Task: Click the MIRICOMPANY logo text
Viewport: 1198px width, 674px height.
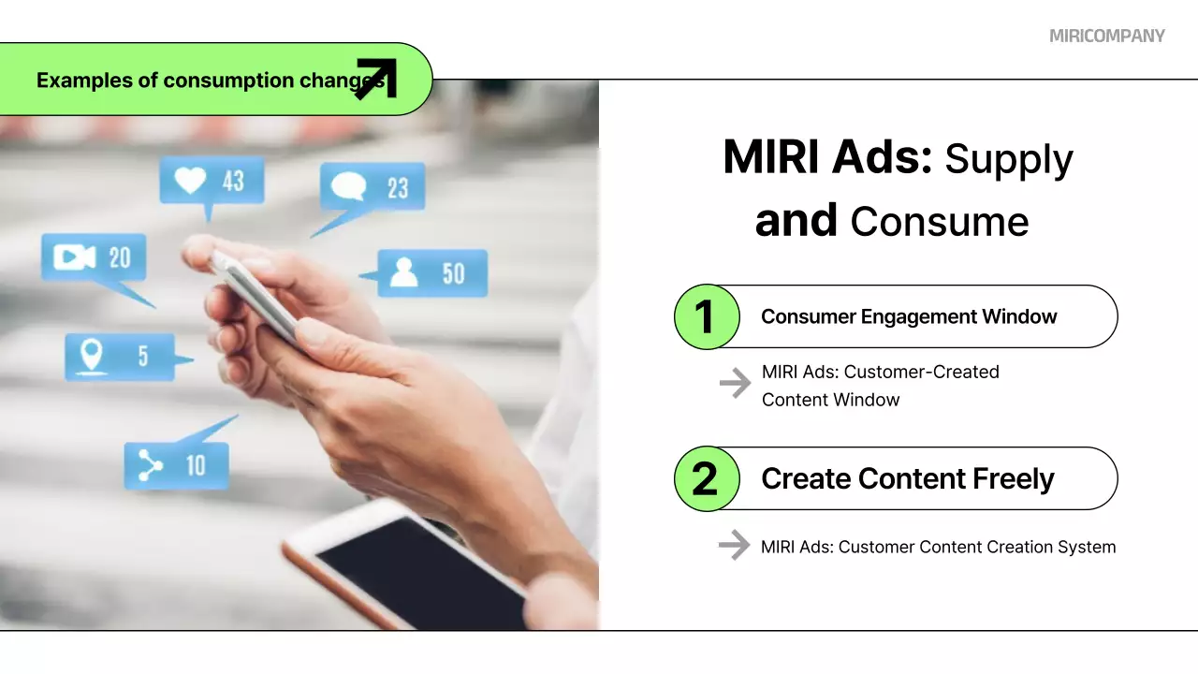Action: click(x=1106, y=36)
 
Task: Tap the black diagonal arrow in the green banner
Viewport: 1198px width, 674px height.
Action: click(x=376, y=79)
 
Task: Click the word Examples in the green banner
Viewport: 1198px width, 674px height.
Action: click(x=84, y=81)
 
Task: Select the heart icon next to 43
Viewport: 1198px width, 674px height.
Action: click(x=190, y=180)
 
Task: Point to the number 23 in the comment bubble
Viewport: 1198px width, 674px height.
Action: click(x=398, y=188)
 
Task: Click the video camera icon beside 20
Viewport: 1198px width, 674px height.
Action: click(x=74, y=257)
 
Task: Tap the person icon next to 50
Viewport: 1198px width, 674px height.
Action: click(x=403, y=272)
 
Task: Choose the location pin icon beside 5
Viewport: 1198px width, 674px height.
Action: click(x=91, y=355)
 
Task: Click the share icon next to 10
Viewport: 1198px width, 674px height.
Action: click(x=150, y=465)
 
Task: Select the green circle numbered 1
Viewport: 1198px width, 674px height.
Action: click(x=707, y=316)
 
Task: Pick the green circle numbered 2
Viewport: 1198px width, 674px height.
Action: click(x=707, y=478)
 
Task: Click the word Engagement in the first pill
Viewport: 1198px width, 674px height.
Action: click(x=918, y=316)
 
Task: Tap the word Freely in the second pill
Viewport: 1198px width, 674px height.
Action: click(x=1013, y=478)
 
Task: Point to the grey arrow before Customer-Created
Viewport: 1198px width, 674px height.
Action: click(x=735, y=383)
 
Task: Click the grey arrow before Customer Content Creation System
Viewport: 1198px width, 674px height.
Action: click(x=735, y=545)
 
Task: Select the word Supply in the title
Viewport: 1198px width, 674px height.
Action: click(x=1009, y=160)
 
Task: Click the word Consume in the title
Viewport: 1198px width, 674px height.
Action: click(x=939, y=222)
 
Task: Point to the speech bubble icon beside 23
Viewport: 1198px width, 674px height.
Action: click(x=348, y=186)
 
